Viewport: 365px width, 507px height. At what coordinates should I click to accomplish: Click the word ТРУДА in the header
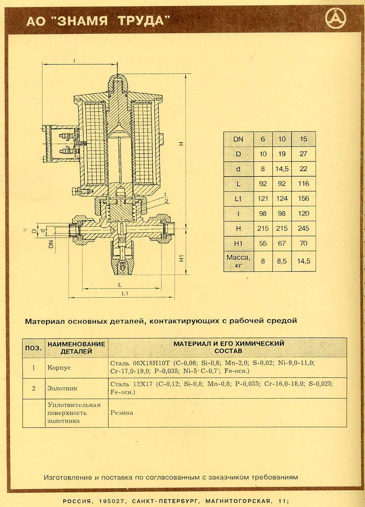pyautogui.click(x=144, y=21)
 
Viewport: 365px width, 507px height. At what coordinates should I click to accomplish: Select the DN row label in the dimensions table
pyautogui.click(x=238, y=139)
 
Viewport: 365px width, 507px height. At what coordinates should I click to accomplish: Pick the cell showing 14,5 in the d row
pyautogui.click(x=282, y=169)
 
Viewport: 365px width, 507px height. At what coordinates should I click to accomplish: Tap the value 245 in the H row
pyautogui.click(x=303, y=228)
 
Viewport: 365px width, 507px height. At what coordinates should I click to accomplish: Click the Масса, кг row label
pyautogui.click(x=238, y=261)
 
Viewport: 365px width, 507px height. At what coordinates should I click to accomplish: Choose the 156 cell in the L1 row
pyautogui.click(x=303, y=199)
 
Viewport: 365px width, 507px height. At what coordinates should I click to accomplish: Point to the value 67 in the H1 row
pyautogui.click(x=282, y=243)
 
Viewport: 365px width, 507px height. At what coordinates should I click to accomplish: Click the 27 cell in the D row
pyautogui.click(x=303, y=154)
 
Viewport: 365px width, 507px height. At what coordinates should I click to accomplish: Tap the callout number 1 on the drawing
pyautogui.click(x=165, y=194)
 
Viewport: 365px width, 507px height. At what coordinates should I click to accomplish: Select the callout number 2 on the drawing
pyautogui.click(x=167, y=201)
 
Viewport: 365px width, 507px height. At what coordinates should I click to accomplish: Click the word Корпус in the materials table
pyautogui.click(x=59, y=368)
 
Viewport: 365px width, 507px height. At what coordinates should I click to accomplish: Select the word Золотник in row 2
pyautogui.click(x=62, y=388)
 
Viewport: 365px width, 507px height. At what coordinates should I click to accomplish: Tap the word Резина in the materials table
pyautogui.click(x=122, y=413)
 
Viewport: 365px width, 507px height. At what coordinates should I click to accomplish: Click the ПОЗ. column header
pyautogui.click(x=34, y=348)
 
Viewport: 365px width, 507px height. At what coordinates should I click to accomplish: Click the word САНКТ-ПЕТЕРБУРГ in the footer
pyautogui.click(x=164, y=501)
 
